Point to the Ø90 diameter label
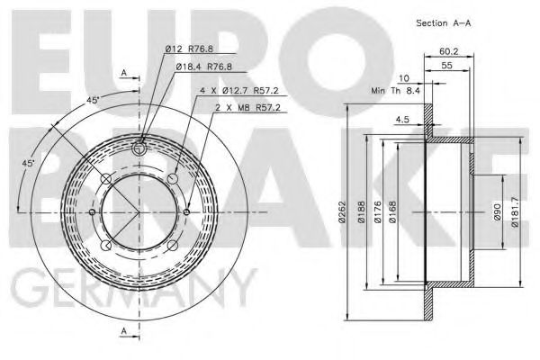pos(495,212)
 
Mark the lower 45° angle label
pos(30,162)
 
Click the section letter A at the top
pos(122,73)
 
